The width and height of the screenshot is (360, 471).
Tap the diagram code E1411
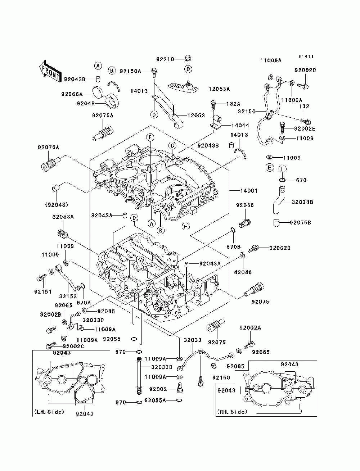306,56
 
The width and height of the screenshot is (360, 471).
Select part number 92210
165,59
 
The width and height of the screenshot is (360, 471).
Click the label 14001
249,191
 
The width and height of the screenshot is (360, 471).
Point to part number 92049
86,104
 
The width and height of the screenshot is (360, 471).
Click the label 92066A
72,94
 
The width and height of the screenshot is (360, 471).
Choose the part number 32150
247,112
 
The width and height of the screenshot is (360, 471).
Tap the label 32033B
302,202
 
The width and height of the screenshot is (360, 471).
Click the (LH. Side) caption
49,412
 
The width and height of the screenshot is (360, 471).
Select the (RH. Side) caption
232,412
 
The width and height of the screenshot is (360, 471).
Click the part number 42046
243,272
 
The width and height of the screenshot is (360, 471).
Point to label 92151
43,292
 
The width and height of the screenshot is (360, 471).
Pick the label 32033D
162,367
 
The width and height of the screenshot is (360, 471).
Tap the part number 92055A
155,400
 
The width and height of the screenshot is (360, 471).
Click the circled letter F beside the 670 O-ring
283,169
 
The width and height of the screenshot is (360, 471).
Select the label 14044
240,125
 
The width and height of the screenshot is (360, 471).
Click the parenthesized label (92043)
57,205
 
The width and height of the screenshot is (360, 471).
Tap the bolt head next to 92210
188,59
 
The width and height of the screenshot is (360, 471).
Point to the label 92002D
280,248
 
